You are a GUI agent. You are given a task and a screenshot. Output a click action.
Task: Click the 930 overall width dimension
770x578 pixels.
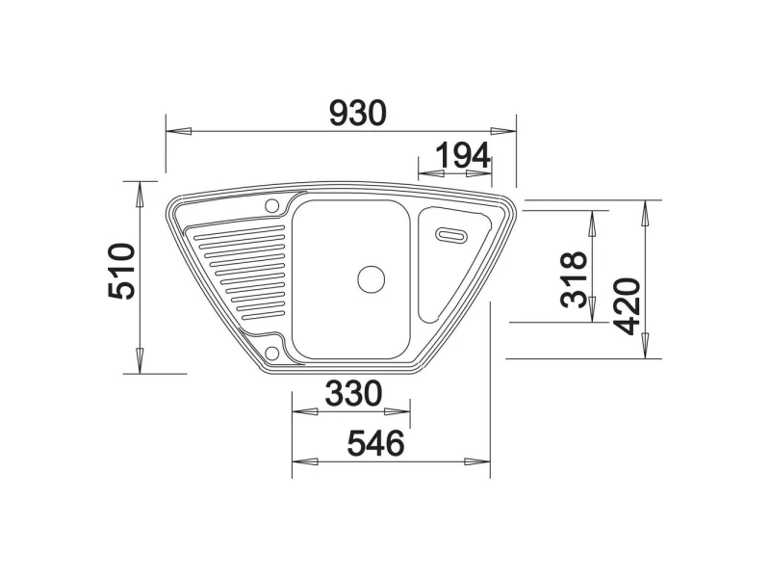(x=357, y=113)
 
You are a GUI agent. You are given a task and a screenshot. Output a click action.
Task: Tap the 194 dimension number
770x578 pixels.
(x=463, y=155)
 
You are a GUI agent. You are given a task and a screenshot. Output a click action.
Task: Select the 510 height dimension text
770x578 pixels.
(x=121, y=271)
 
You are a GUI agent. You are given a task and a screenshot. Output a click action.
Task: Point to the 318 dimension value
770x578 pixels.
(x=574, y=279)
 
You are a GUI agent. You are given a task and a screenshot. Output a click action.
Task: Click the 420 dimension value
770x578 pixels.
(x=628, y=306)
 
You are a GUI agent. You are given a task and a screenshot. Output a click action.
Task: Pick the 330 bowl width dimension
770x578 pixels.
(x=353, y=393)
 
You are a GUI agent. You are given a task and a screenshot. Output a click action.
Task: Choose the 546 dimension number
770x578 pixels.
(x=375, y=443)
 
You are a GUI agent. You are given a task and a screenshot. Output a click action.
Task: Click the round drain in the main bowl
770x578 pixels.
(x=371, y=279)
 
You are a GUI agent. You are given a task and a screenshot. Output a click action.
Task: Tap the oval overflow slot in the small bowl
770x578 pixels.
(x=451, y=234)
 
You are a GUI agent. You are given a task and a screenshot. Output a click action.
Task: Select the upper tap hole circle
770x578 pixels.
(x=271, y=205)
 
